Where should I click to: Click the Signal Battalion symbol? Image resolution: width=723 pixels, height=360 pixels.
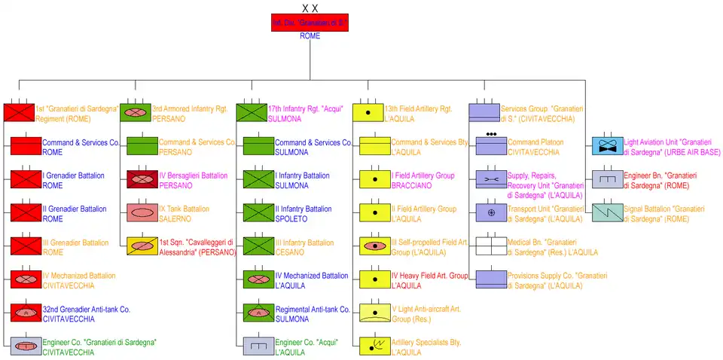tap(607, 213)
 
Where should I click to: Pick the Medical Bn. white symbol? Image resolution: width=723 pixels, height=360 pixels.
tap(491, 246)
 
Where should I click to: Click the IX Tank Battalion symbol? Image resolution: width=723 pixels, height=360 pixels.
tap(142, 213)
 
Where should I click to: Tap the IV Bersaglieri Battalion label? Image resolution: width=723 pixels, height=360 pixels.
tap(193, 180)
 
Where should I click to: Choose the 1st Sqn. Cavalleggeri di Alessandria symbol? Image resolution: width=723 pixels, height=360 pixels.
tap(142, 246)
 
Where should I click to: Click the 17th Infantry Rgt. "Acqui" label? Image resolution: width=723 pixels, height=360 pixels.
tap(305, 114)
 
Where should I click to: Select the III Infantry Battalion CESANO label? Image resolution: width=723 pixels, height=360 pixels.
tap(304, 247)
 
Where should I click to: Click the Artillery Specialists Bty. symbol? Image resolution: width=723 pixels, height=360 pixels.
tap(374, 346)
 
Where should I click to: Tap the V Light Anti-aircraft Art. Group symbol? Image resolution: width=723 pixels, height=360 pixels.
tap(374, 313)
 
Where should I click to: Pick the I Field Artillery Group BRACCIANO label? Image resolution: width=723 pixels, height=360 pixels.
tap(423, 180)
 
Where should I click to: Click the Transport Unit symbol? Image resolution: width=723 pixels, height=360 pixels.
tap(491, 213)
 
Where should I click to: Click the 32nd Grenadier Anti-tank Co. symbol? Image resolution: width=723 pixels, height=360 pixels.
tap(26, 313)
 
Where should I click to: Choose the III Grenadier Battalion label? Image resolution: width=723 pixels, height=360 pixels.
tap(75, 247)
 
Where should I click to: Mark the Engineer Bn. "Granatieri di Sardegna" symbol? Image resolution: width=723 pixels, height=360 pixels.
tap(607, 180)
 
